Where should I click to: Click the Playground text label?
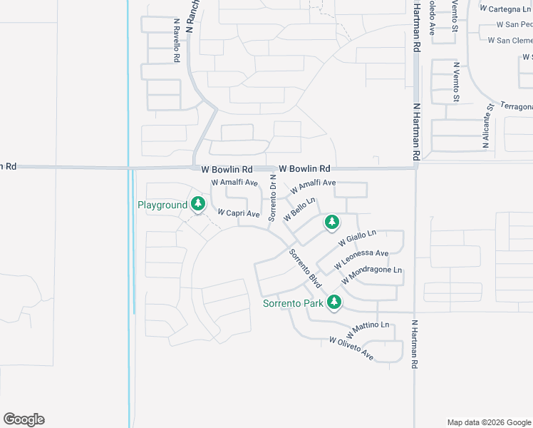point(162,205)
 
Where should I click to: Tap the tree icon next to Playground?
point(198,205)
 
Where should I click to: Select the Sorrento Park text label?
point(294,303)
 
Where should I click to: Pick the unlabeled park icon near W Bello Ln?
point(331,223)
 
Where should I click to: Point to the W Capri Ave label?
point(239,213)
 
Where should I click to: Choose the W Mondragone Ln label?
point(372,275)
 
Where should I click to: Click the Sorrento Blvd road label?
point(306,268)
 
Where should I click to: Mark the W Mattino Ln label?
point(368,330)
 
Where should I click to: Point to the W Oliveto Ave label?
point(351,349)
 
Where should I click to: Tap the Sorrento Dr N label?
point(272,197)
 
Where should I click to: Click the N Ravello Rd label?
point(176,41)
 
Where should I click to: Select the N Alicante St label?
point(487,126)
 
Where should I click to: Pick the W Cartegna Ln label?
point(506,9)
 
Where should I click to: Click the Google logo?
point(24,419)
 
